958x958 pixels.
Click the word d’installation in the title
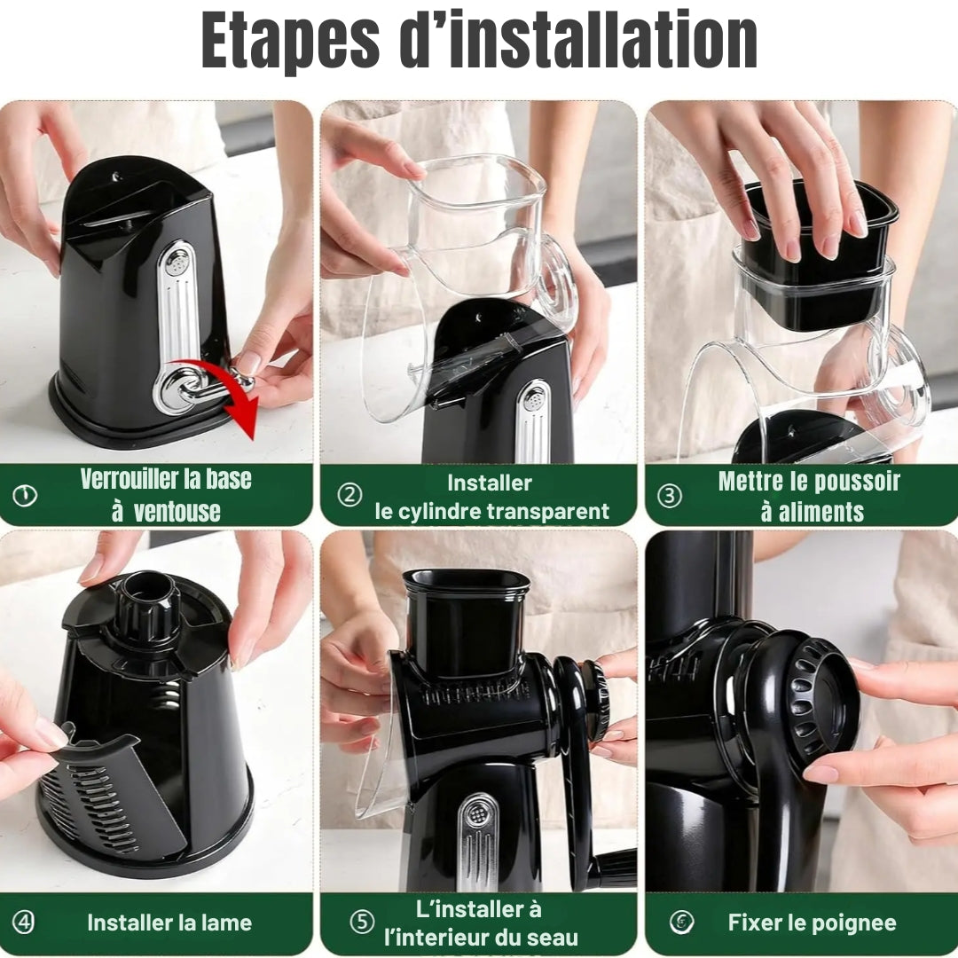pyautogui.click(x=578, y=39)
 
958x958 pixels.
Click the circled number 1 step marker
pyautogui.click(x=25, y=495)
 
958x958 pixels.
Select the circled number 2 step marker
pyautogui.click(x=349, y=494)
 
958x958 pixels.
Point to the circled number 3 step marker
pyautogui.click(x=669, y=495)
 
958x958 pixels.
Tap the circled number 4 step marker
pyautogui.click(x=24, y=922)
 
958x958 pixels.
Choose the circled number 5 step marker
pyautogui.click(x=362, y=922)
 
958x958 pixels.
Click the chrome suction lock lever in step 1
pyautogui.click(x=201, y=387)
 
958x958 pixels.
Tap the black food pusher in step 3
pyautogui.click(x=818, y=256)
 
